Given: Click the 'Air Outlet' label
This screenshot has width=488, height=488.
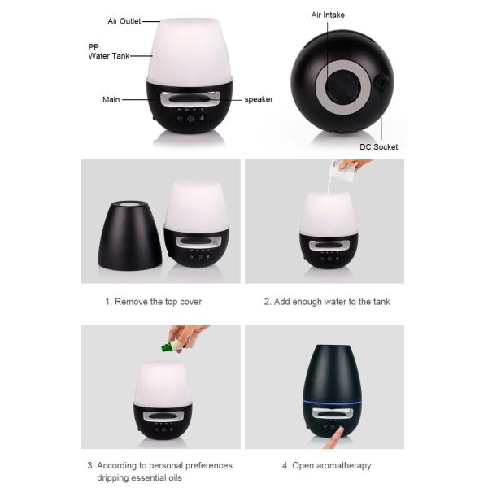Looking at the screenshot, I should pyautogui.click(x=124, y=20).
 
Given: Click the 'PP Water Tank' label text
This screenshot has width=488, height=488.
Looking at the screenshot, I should pyautogui.click(x=106, y=51).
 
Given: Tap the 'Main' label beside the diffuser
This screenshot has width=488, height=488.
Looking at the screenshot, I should pyautogui.click(x=111, y=100).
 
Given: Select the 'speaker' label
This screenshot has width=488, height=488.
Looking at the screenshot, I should pyautogui.click(x=259, y=100).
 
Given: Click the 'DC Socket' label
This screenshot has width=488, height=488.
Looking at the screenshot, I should pyautogui.click(x=379, y=147).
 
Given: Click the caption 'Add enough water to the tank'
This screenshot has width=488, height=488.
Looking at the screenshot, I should pyautogui.click(x=326, y=302).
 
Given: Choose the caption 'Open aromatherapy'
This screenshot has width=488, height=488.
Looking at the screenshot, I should pyautogui.click(x=326, y=466).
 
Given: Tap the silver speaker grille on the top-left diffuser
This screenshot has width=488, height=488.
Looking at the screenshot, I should pyautogui.click(x=190, y=98).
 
